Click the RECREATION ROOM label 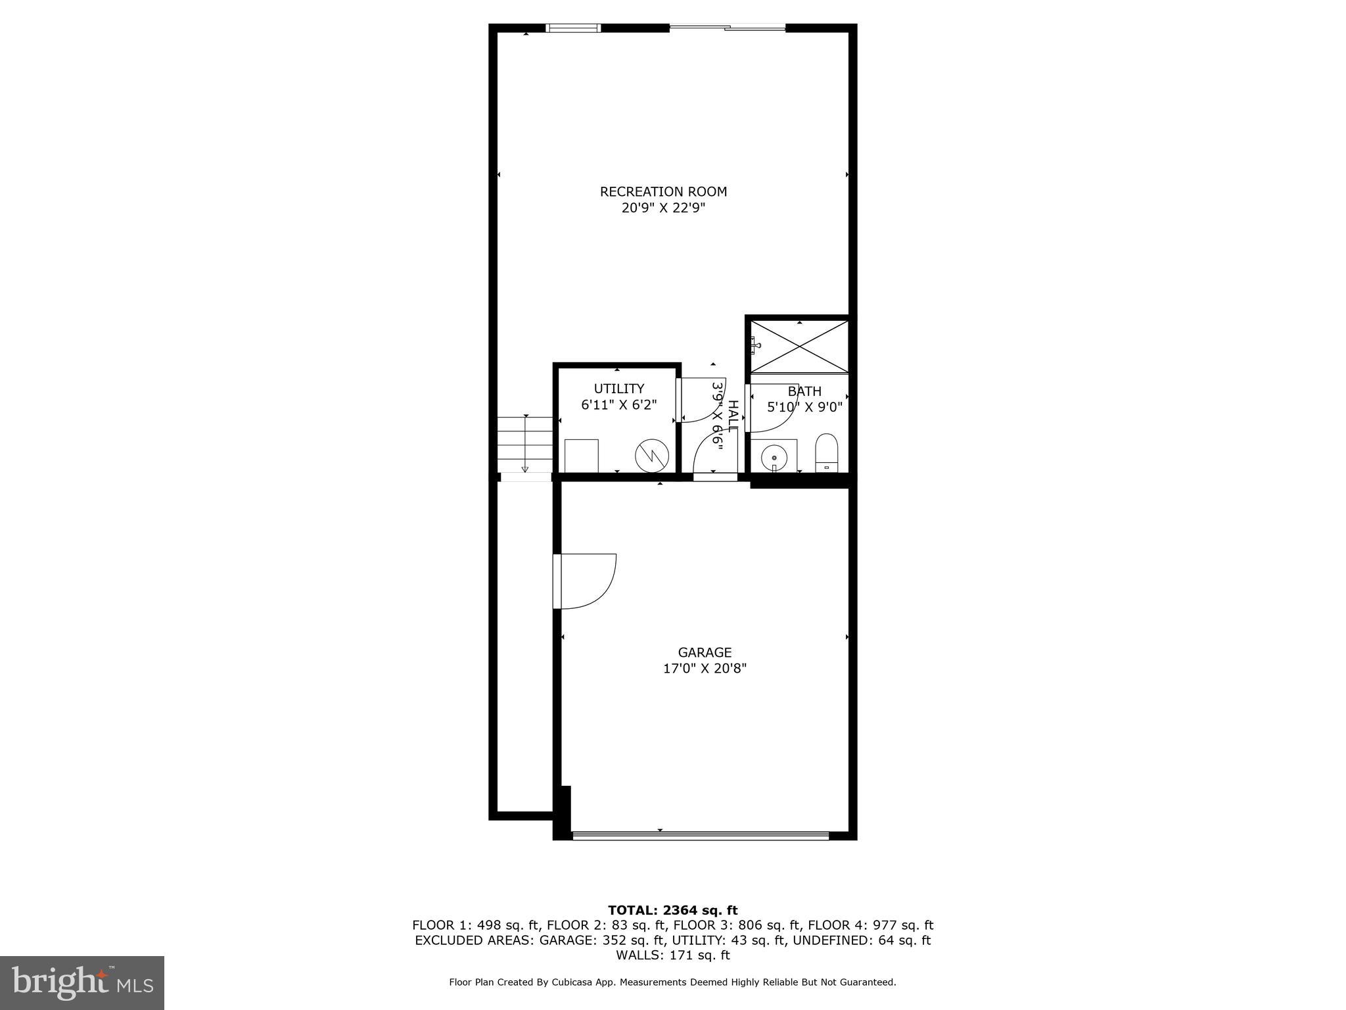[x=663, y=192]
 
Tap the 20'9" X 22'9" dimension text [x=663, y=208]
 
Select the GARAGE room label [x=705, y=652]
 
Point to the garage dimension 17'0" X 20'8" [x=705, y=669]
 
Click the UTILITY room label [x=618, y=389]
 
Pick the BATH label [x=804, y=392]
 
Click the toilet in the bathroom [x=826, y=452]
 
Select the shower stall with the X [x=799, y=347]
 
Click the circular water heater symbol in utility [x=651, y=455]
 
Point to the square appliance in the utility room [x=582, y=455]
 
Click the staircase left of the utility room [x=524, y=445]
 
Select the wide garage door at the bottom [x=701, y=836]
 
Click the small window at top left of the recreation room [x=573, y=28]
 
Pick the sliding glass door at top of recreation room [x=727, y=28]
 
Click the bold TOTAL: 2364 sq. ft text [x=672, y=911]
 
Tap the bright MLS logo [x=82, y=983]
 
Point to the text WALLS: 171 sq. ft [x=672, y=955]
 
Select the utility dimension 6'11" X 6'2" [x=618, y=405]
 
